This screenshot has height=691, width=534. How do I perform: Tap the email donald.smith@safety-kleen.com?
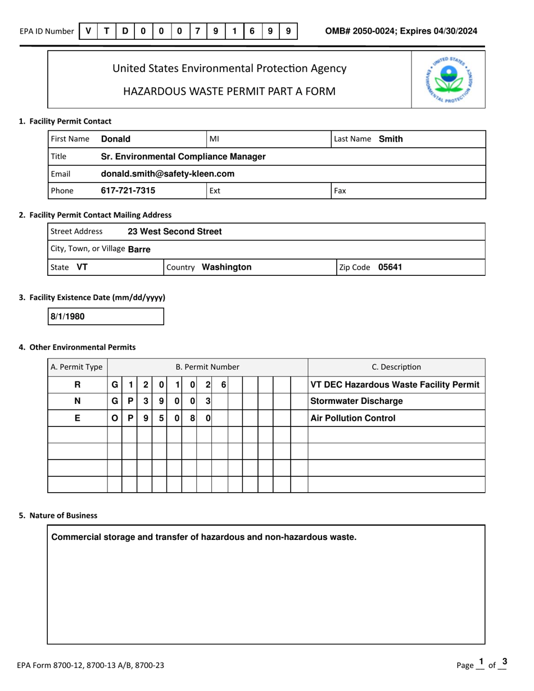168,173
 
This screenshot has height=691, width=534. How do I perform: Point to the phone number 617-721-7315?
128,190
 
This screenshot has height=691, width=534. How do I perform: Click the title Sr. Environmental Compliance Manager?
183,156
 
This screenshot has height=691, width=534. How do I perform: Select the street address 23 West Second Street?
174,231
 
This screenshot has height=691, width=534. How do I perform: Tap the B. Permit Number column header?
207,367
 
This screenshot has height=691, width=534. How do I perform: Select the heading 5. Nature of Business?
58,515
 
